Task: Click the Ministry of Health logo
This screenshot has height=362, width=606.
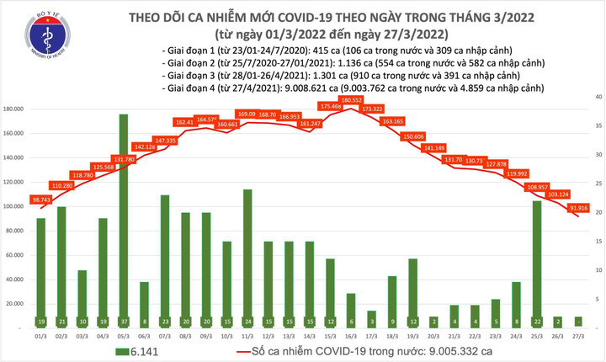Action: (41, 37)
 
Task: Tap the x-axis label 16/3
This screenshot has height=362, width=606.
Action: (349, 335)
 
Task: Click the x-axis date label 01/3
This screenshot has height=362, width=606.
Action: (41, 335)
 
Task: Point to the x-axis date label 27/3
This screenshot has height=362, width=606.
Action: (576, 335)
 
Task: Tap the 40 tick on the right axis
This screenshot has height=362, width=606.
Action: (596, 98)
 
